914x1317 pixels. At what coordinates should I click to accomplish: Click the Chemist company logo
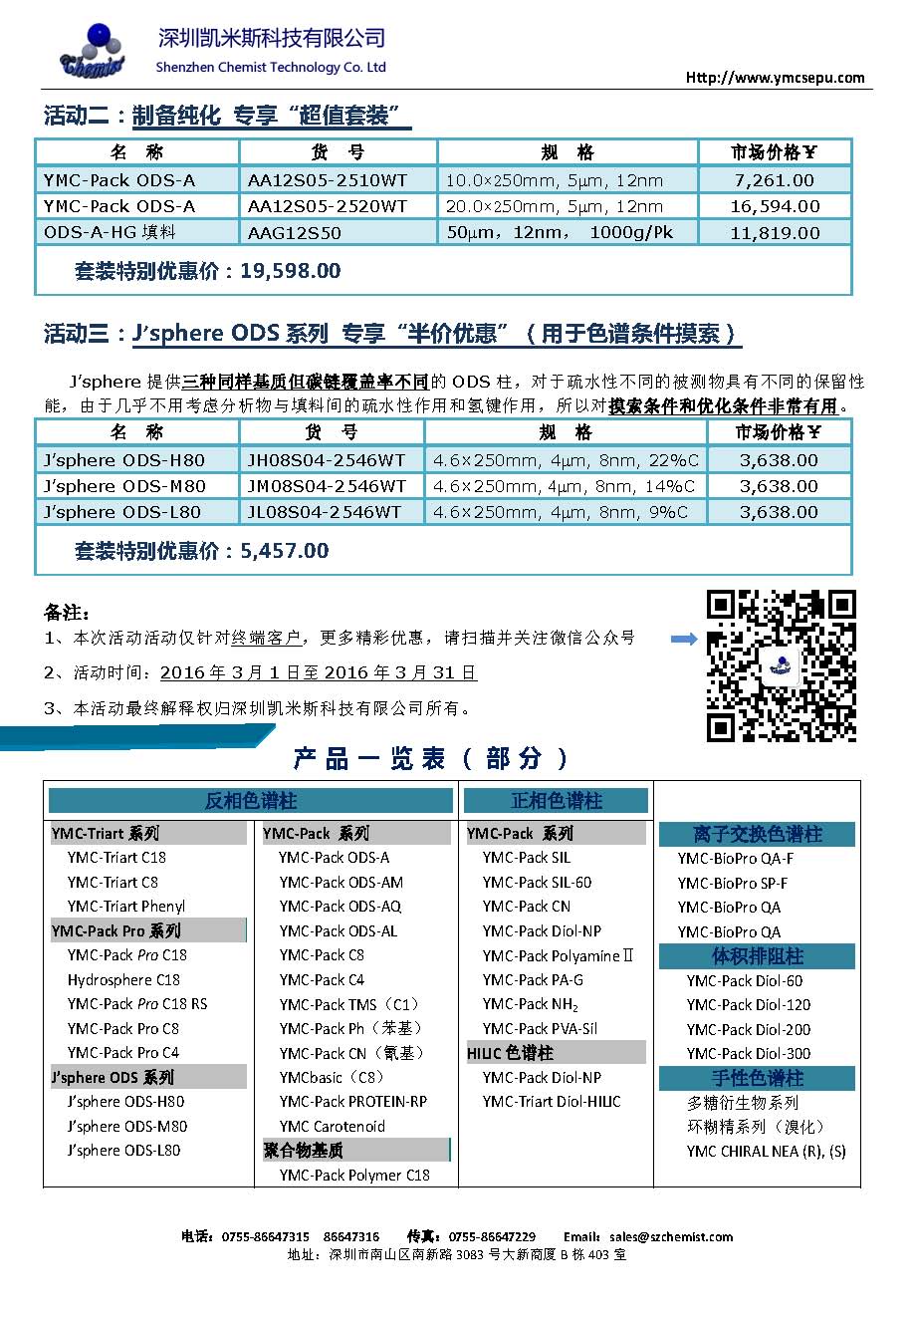(94, 52)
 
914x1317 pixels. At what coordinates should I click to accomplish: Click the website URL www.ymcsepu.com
(775, 78)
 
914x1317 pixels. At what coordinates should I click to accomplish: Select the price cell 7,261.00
(774, 180)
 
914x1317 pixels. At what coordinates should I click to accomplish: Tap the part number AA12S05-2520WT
(327, 206)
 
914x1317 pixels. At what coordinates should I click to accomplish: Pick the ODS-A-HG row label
(110, 232)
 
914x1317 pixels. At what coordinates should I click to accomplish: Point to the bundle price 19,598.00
(290, 271)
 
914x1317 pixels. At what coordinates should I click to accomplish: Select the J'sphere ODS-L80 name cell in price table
(122, 512)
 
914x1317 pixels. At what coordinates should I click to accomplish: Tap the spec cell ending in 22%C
(565, 460)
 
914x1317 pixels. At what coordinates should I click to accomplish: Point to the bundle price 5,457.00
(284, 551)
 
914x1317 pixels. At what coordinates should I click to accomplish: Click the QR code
(781, 664)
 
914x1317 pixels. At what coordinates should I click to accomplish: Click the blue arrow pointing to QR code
(684, 639)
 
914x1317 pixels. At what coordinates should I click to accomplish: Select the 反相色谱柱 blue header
(251, 801)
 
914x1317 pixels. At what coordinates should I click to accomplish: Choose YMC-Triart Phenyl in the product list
(126, 907)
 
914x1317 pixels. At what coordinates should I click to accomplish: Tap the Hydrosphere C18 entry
(123, 979)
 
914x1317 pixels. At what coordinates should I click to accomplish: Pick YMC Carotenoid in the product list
(332, 1126)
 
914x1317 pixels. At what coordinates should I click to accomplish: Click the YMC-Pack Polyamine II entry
(558, 955)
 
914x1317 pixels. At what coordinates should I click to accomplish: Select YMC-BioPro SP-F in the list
(732, 883)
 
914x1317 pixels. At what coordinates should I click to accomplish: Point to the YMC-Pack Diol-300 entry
(748, 1053)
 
